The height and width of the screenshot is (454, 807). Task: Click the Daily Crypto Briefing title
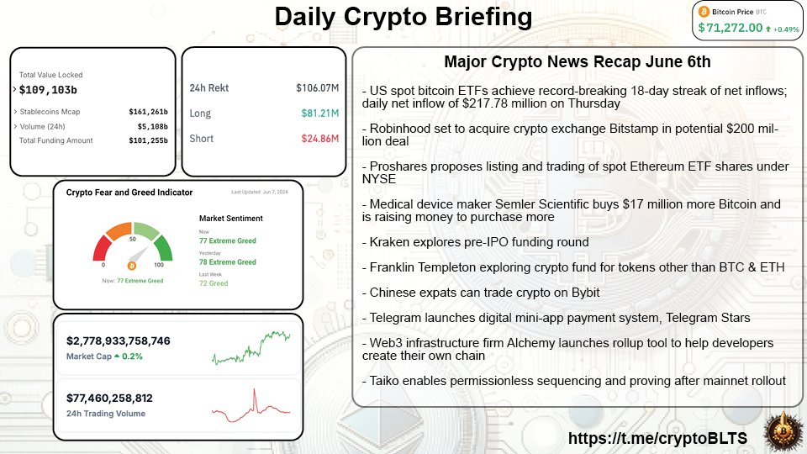coord(403,17)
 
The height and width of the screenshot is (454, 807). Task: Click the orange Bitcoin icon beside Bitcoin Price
coord(704,12)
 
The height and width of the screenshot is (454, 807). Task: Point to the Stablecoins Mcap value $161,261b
coord(148,111)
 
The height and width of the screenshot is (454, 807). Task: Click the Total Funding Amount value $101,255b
coord(148,140)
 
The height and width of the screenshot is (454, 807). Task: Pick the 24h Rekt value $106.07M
coord(316,87)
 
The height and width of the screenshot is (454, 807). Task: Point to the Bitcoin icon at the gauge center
coord(131,266)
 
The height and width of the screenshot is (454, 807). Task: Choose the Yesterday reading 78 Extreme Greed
coord(227,262)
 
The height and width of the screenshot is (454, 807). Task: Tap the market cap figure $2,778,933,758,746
coord(118,340)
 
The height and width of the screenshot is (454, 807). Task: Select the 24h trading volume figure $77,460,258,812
coord(109,398)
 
